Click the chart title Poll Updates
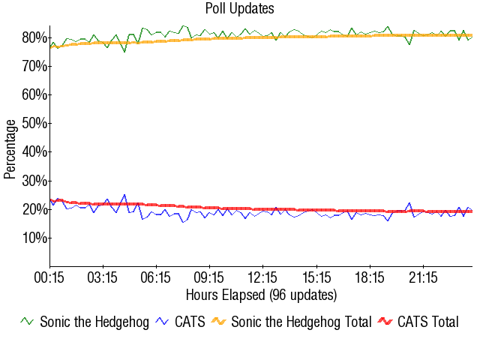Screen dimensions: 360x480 click(x=239, y=9)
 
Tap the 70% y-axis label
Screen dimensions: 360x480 click(x=34, y=67)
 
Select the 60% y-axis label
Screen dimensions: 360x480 click(x=34, y=95)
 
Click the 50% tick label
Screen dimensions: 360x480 click(x=34, y=124)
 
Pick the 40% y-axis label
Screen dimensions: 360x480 click(x=34, y=152)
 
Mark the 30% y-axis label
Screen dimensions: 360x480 click(x=34, y=181)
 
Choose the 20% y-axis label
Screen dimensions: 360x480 click(x=34, y=209)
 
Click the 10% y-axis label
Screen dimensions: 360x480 click(x=34, y=238)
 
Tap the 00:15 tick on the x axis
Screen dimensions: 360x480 click(x=49, y=277)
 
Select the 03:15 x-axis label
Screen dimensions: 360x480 click(x=103, y=277)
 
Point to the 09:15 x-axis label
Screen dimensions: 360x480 click(x=209, y=277)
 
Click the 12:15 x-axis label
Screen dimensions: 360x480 click(x=262, y=277)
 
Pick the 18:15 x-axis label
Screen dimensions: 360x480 click(x=370, y=277)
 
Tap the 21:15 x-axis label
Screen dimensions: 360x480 click(x=423, y=277)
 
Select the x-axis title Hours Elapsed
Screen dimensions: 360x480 click(x=261, y=294)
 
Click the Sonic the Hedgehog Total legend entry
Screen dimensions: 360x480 click(x=301, y=322)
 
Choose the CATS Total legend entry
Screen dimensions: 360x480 click(x=427, y=322)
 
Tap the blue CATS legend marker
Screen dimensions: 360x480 click(x=162, y=322)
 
